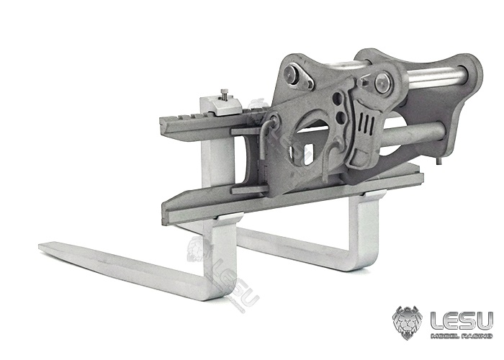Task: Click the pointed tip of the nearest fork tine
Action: point(40,246)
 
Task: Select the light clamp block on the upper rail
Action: point(220,105)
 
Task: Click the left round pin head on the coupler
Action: point(290,73)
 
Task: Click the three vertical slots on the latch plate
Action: point(367,123)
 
